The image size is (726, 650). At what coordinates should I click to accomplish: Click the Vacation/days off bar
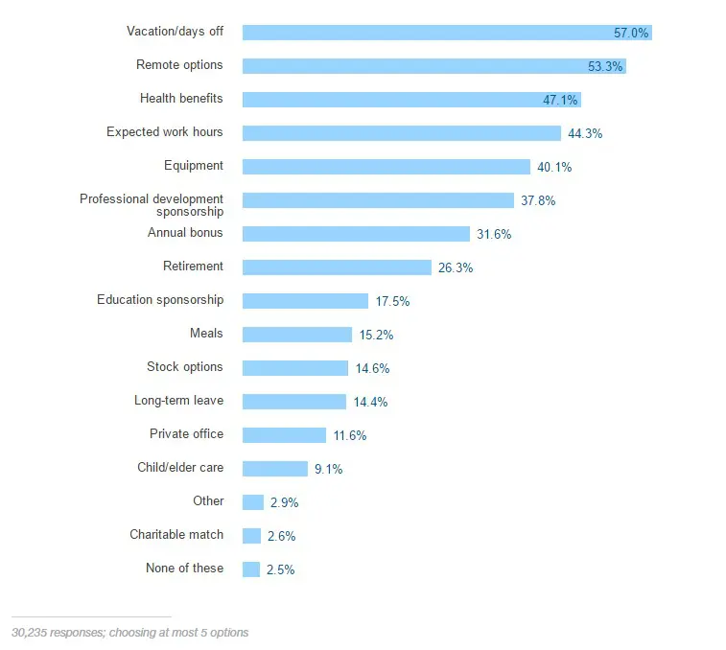pos(446,33)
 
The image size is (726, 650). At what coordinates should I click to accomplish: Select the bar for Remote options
pos(433,66)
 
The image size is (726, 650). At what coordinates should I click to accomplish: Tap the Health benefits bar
pos(411,100)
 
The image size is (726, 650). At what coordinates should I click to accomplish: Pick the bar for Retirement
pos(337,267)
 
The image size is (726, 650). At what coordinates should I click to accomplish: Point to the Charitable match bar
pos(251,536)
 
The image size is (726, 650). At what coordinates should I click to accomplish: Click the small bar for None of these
pos(251,569)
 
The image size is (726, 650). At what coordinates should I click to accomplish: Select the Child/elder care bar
pos(274,469)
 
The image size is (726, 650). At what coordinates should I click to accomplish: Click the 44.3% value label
pos(585,134)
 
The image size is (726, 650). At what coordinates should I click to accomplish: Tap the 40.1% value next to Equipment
pos(554,168)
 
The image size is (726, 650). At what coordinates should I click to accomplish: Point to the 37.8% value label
pos(538,201)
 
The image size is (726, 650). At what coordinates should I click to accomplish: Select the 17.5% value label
pos(392,302)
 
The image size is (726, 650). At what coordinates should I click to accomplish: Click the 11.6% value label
pos(349,436)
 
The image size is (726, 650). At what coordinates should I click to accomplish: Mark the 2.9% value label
pos(284,503)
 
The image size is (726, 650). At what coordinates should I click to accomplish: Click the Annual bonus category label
pos(185,233)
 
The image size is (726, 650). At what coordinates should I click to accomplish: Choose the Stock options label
pos(184,367)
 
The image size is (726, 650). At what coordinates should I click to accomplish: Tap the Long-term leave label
pos(178,401)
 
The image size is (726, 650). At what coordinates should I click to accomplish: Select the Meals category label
pos(206,334)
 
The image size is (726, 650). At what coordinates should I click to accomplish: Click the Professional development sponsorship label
pos(152,204)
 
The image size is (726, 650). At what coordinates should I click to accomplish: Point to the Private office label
pos(186,434)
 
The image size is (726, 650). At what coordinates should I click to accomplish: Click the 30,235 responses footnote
pos(129,633)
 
